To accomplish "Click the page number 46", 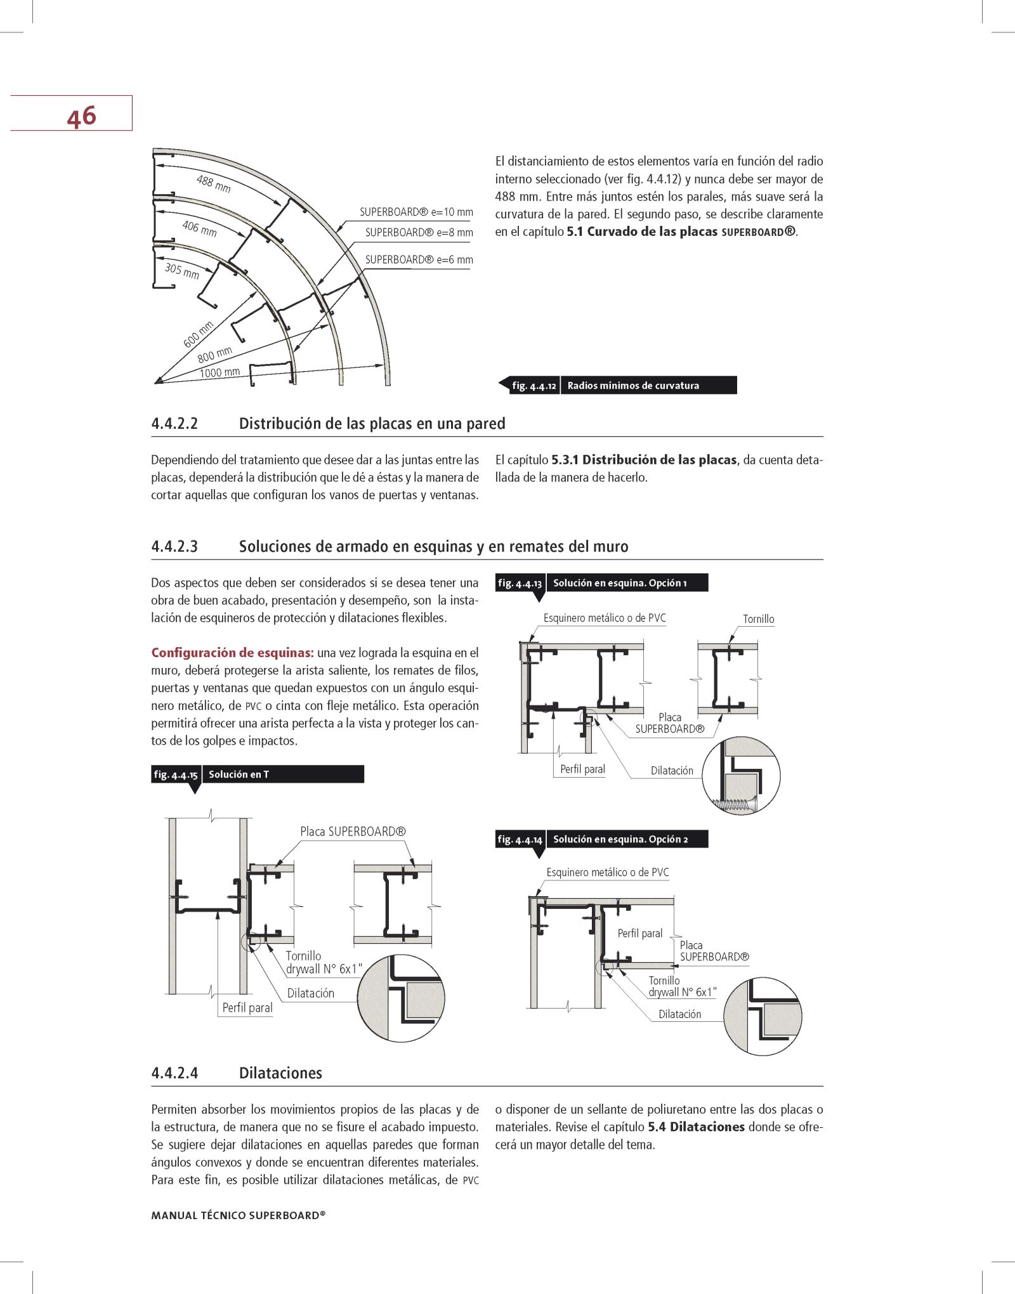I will [81, 117].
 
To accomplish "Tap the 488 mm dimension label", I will [214, 183].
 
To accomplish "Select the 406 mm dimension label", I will [199, 228].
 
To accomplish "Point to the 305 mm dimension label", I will [182, 271].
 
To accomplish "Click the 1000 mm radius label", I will [219, 372].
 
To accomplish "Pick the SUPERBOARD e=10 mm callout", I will [416, 212].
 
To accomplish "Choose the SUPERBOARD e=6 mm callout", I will [419, 259].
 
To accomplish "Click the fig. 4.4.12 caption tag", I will [534, 386].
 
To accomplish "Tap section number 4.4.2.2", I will [174, 424].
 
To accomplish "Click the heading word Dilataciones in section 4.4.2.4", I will [280, 1073].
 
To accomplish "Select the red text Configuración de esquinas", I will [232, 653].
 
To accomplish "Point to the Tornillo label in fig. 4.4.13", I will [758, 619].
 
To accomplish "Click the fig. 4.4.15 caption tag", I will [176, 774].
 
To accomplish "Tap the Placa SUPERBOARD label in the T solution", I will [353, 832].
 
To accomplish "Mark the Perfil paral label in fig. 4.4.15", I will [247, 1007].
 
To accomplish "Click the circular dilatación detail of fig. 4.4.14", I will [763, 1016].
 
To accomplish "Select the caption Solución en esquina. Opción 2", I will [620, 839].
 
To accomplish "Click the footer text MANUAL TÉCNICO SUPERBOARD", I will [238, 1215].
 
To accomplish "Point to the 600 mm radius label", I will [198, 335].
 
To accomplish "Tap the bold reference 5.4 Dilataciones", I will [696, 1127].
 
